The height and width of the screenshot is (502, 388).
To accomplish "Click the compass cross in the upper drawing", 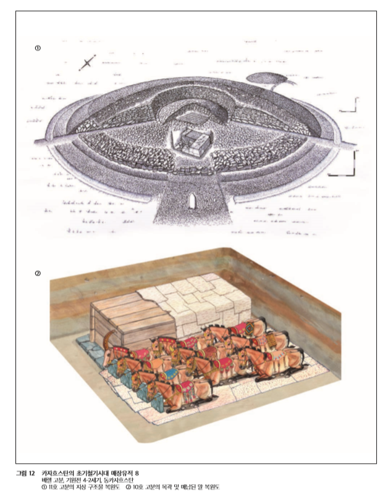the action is click(x=87, y=63).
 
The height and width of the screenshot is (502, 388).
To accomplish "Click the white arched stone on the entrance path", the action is click(x=192, y=200).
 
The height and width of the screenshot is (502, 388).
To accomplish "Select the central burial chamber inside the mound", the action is click(x=192, y=143).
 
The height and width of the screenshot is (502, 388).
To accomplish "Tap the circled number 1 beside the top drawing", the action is click(x=38, y=48).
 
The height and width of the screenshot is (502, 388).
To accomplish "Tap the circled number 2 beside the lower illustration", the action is click(x=38, y=273).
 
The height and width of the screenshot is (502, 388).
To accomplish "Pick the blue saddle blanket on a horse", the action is click(x=169, y=374).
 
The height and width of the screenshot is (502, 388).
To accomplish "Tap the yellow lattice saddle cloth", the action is click(x=271, y=340).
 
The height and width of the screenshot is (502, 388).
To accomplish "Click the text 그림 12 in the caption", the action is click(x=25, y=473).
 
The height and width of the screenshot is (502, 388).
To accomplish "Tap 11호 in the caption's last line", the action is click(x=53, y=487).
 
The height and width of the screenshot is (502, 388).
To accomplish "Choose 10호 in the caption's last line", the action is click(x=138, y=487).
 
